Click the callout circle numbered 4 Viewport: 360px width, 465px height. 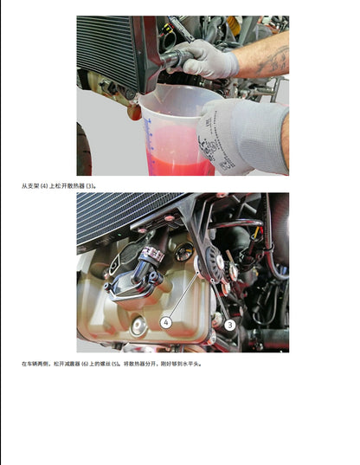point(166,322)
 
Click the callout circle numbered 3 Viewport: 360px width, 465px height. point(230,324)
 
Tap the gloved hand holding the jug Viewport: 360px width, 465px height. point(242,134)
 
